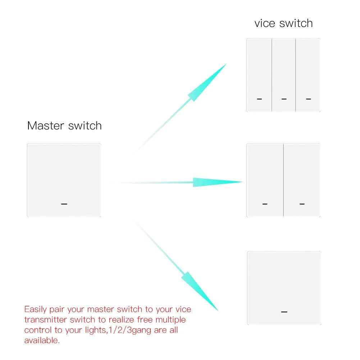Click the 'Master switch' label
click(64, 126)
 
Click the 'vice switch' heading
click(283, 23)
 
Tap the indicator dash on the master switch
click(64, 204)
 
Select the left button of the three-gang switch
click(259, 75)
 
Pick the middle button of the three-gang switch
click(284, 75)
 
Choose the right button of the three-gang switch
click(308, 75)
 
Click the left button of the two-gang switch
click(265, 180)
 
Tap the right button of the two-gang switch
click(302, 180)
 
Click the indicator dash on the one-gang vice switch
click(284, 312)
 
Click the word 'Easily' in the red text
click(35, 310)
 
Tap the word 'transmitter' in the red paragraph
click(45, 320)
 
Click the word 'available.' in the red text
click(42, 341)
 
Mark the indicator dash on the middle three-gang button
click(284, 99)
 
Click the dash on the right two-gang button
click(302, 204)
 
